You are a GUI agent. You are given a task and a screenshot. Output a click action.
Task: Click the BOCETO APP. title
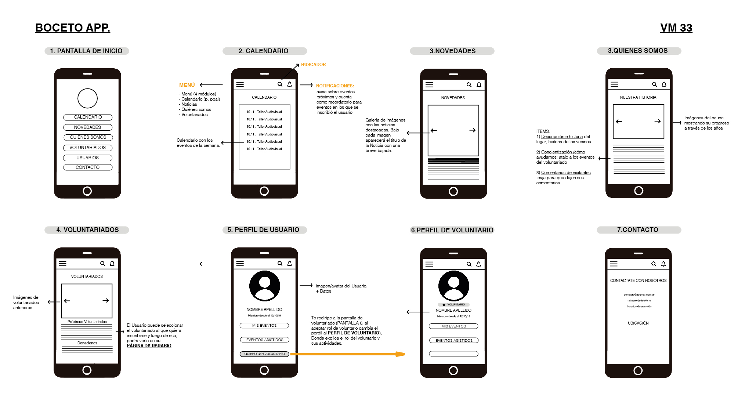tap(72, 28)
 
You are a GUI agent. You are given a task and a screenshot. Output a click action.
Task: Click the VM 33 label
tap(676, 28)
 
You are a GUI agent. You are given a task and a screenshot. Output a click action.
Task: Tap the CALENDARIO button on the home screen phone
tap(88, 117)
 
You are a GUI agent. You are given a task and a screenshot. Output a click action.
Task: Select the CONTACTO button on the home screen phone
tap(88, 167)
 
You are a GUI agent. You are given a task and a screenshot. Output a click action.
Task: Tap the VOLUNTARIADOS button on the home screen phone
tap(88, 148)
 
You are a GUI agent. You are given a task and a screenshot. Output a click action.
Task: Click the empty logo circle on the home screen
tap(87, 98)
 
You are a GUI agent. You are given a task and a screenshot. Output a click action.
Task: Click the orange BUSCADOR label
tap(313, 65)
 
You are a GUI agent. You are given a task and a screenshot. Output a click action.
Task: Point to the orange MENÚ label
tap(187, 85)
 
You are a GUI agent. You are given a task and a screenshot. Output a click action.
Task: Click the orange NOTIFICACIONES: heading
tap(335, 86)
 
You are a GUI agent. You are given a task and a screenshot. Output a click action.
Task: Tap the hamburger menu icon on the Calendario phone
tap(240, 84)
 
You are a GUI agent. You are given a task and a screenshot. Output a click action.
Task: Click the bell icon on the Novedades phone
tap(479, 85)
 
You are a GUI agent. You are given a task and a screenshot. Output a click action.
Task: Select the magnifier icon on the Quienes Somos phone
tap(654, 84)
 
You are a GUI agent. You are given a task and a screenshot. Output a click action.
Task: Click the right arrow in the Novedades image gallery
tap(472, 130)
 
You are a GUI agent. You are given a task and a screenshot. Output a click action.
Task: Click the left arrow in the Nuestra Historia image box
tap(619, 122)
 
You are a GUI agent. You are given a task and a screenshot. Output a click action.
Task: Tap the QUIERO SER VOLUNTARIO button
tap(264, 354)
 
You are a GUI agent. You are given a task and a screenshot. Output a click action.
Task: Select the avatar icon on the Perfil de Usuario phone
tap(264, 286)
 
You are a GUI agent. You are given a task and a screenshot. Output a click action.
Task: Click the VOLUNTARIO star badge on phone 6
tap(453, 304)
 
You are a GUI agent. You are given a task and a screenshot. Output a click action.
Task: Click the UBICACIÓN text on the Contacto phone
tap(638, 323)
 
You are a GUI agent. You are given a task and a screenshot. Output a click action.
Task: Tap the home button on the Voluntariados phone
tap(87, 370)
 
